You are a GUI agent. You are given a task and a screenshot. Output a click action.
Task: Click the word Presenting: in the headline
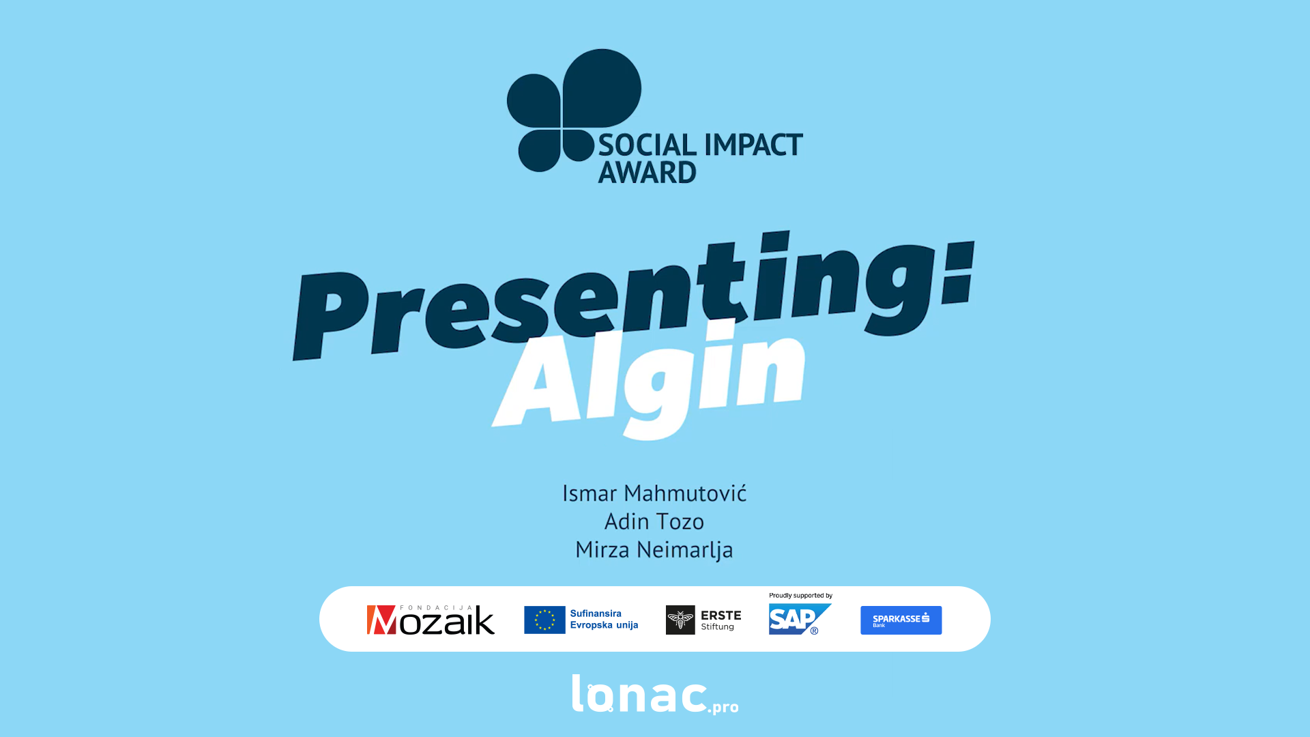633,295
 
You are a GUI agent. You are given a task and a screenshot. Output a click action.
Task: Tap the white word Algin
648,379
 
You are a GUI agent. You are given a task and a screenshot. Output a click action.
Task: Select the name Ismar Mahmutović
654,493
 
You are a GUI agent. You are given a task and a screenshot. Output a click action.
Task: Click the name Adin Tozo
654,521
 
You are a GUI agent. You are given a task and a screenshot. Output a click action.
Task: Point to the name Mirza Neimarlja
654,550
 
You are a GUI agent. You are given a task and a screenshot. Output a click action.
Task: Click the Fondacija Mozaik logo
431,620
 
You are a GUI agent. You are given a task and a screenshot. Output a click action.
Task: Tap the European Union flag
544,620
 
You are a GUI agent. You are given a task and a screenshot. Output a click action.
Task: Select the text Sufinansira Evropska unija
604,619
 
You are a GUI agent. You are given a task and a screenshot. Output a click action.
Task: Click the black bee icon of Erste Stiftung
680,620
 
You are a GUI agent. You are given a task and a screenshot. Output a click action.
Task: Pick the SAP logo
800,619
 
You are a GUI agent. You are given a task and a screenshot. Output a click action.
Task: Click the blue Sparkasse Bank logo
901,620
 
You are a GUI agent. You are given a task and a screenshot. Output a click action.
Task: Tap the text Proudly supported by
800,596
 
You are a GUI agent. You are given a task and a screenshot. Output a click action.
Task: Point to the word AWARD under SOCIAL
647,172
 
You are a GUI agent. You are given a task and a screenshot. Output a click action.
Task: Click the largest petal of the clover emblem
602,88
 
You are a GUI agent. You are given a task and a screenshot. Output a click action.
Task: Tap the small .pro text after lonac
723,707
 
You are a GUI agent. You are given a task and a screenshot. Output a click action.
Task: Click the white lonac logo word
639,694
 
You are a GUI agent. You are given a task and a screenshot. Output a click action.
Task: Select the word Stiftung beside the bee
718,626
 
